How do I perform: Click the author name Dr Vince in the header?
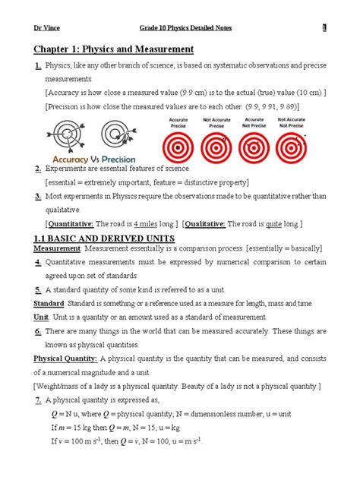[x=45, y=28]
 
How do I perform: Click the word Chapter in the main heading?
[x=55, y=50]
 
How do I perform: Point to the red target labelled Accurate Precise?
[x=180, y=147]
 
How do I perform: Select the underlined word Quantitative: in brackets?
[x=72, y=224]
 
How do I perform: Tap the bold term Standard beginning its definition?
[x=49, y=302]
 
